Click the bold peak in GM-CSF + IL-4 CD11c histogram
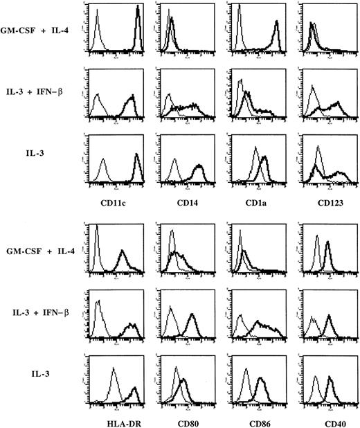tap(138, 8)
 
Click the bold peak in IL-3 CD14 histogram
tap(199, 167)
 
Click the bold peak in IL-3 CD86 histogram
tap(261, 379)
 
